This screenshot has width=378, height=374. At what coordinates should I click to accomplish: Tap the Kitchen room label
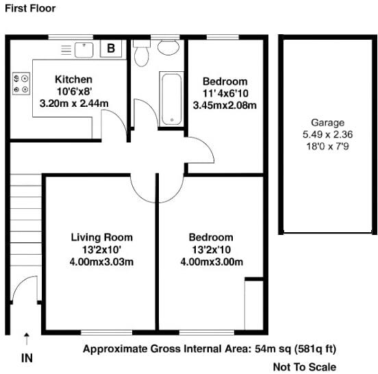[x=73, y=79]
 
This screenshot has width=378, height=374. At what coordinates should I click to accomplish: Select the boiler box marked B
[x=111, y=48]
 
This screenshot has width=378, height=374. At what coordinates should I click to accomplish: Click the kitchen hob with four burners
[x=20, y=84]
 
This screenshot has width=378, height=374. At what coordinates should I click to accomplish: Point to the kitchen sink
[x=83, y=49]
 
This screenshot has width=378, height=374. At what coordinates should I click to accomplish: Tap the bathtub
[x=171, y=98]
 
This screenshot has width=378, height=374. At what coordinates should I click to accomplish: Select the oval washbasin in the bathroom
[x=167, y=47]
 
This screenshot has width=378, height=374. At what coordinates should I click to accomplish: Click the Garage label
[x=327, y=123]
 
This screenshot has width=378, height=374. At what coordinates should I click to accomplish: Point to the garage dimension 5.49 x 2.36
[x=327, y=134]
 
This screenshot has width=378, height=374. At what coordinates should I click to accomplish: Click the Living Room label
[x=102, y=238]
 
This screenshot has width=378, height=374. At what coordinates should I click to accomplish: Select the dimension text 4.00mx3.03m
[x=102, y=262]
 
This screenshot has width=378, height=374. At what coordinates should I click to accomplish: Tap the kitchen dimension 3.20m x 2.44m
[x=73, y=103]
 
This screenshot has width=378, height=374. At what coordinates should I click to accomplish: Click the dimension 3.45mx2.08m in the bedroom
[x=225, y=105]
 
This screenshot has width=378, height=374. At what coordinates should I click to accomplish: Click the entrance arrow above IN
[x=27, y=338]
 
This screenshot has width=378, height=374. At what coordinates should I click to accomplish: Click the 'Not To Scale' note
[x=304, y=366]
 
